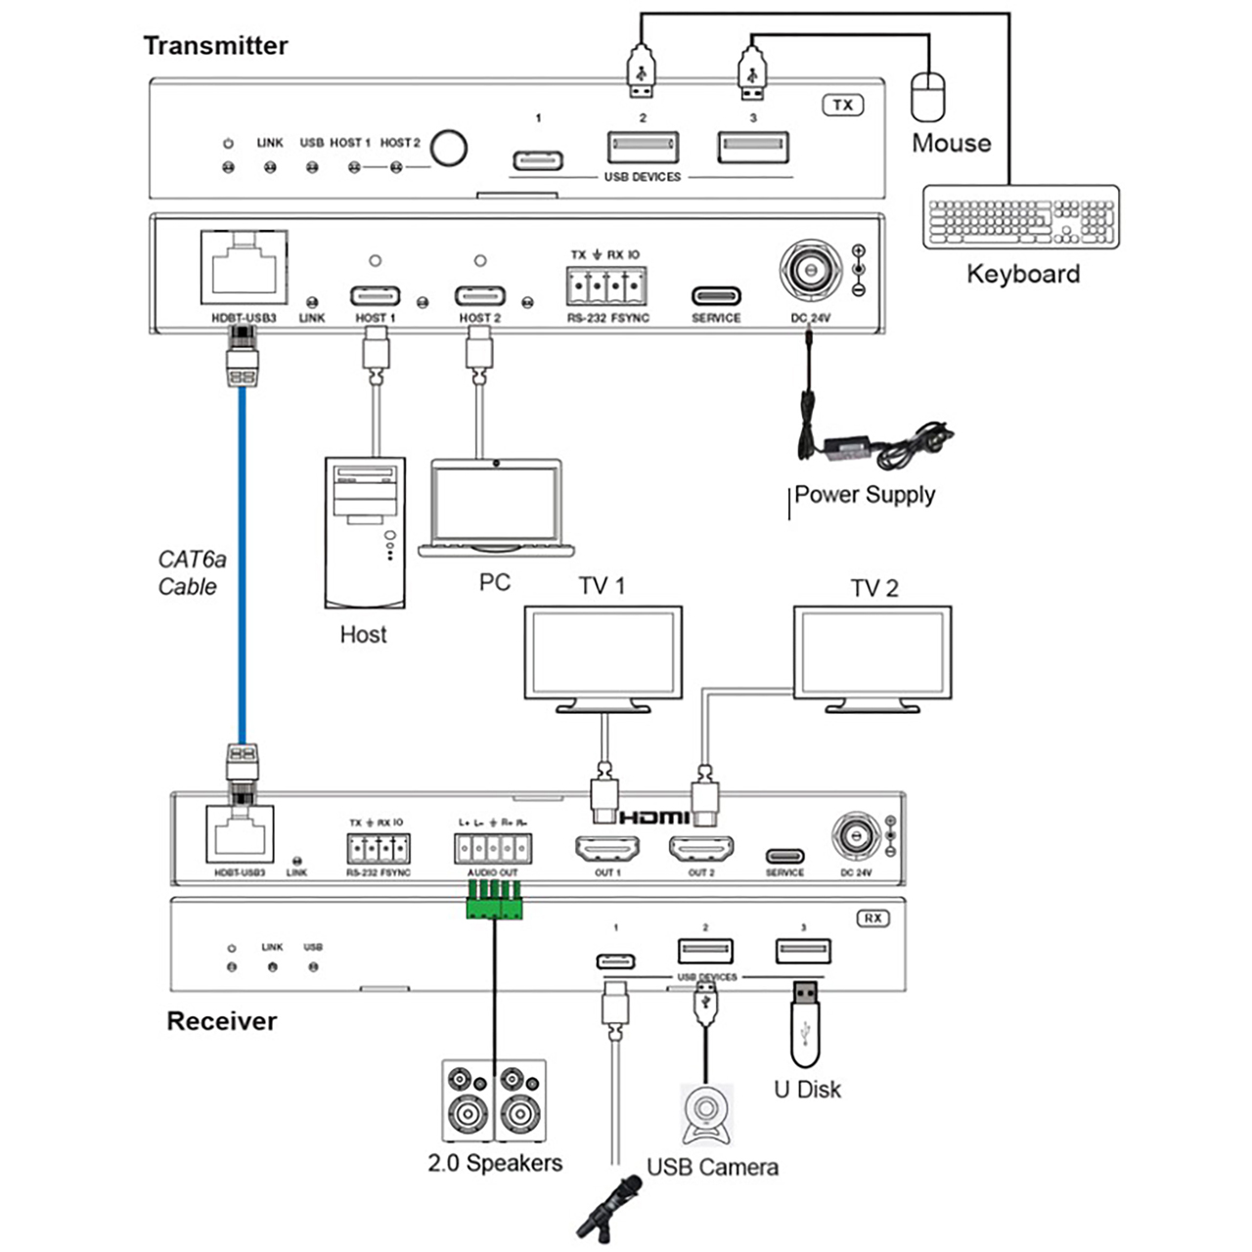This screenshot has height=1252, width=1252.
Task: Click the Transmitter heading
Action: coord(215,46)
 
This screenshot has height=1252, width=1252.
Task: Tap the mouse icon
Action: coord(928,96)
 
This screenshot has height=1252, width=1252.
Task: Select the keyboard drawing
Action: coord(1021,217)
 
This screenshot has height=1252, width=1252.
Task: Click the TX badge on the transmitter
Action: coord(842,105)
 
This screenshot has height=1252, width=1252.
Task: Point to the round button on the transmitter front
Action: coord(449,149)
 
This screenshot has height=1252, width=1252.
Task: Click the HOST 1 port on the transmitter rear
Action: coord(375,295)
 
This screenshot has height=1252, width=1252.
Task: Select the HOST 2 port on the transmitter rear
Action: coord(479,295)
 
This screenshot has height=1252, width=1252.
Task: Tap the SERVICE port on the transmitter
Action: coord(716,295)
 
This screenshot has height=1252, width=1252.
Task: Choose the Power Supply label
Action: coord(864,495)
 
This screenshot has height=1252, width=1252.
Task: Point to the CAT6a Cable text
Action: coord(192,573)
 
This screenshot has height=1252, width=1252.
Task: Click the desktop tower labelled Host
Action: coord(365,532)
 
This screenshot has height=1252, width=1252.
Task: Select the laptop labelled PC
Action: coord(496,508)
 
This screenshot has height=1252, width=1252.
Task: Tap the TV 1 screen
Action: coord(603,653)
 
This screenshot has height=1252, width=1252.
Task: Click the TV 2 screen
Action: coord(872,653)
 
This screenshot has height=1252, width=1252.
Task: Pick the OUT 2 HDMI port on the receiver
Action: coord(701,848)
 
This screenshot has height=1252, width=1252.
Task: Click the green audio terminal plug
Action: coord(495,900)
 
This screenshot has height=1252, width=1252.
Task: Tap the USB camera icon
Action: coord(706,1114)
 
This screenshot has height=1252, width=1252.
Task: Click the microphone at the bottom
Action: coord(608,1208)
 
